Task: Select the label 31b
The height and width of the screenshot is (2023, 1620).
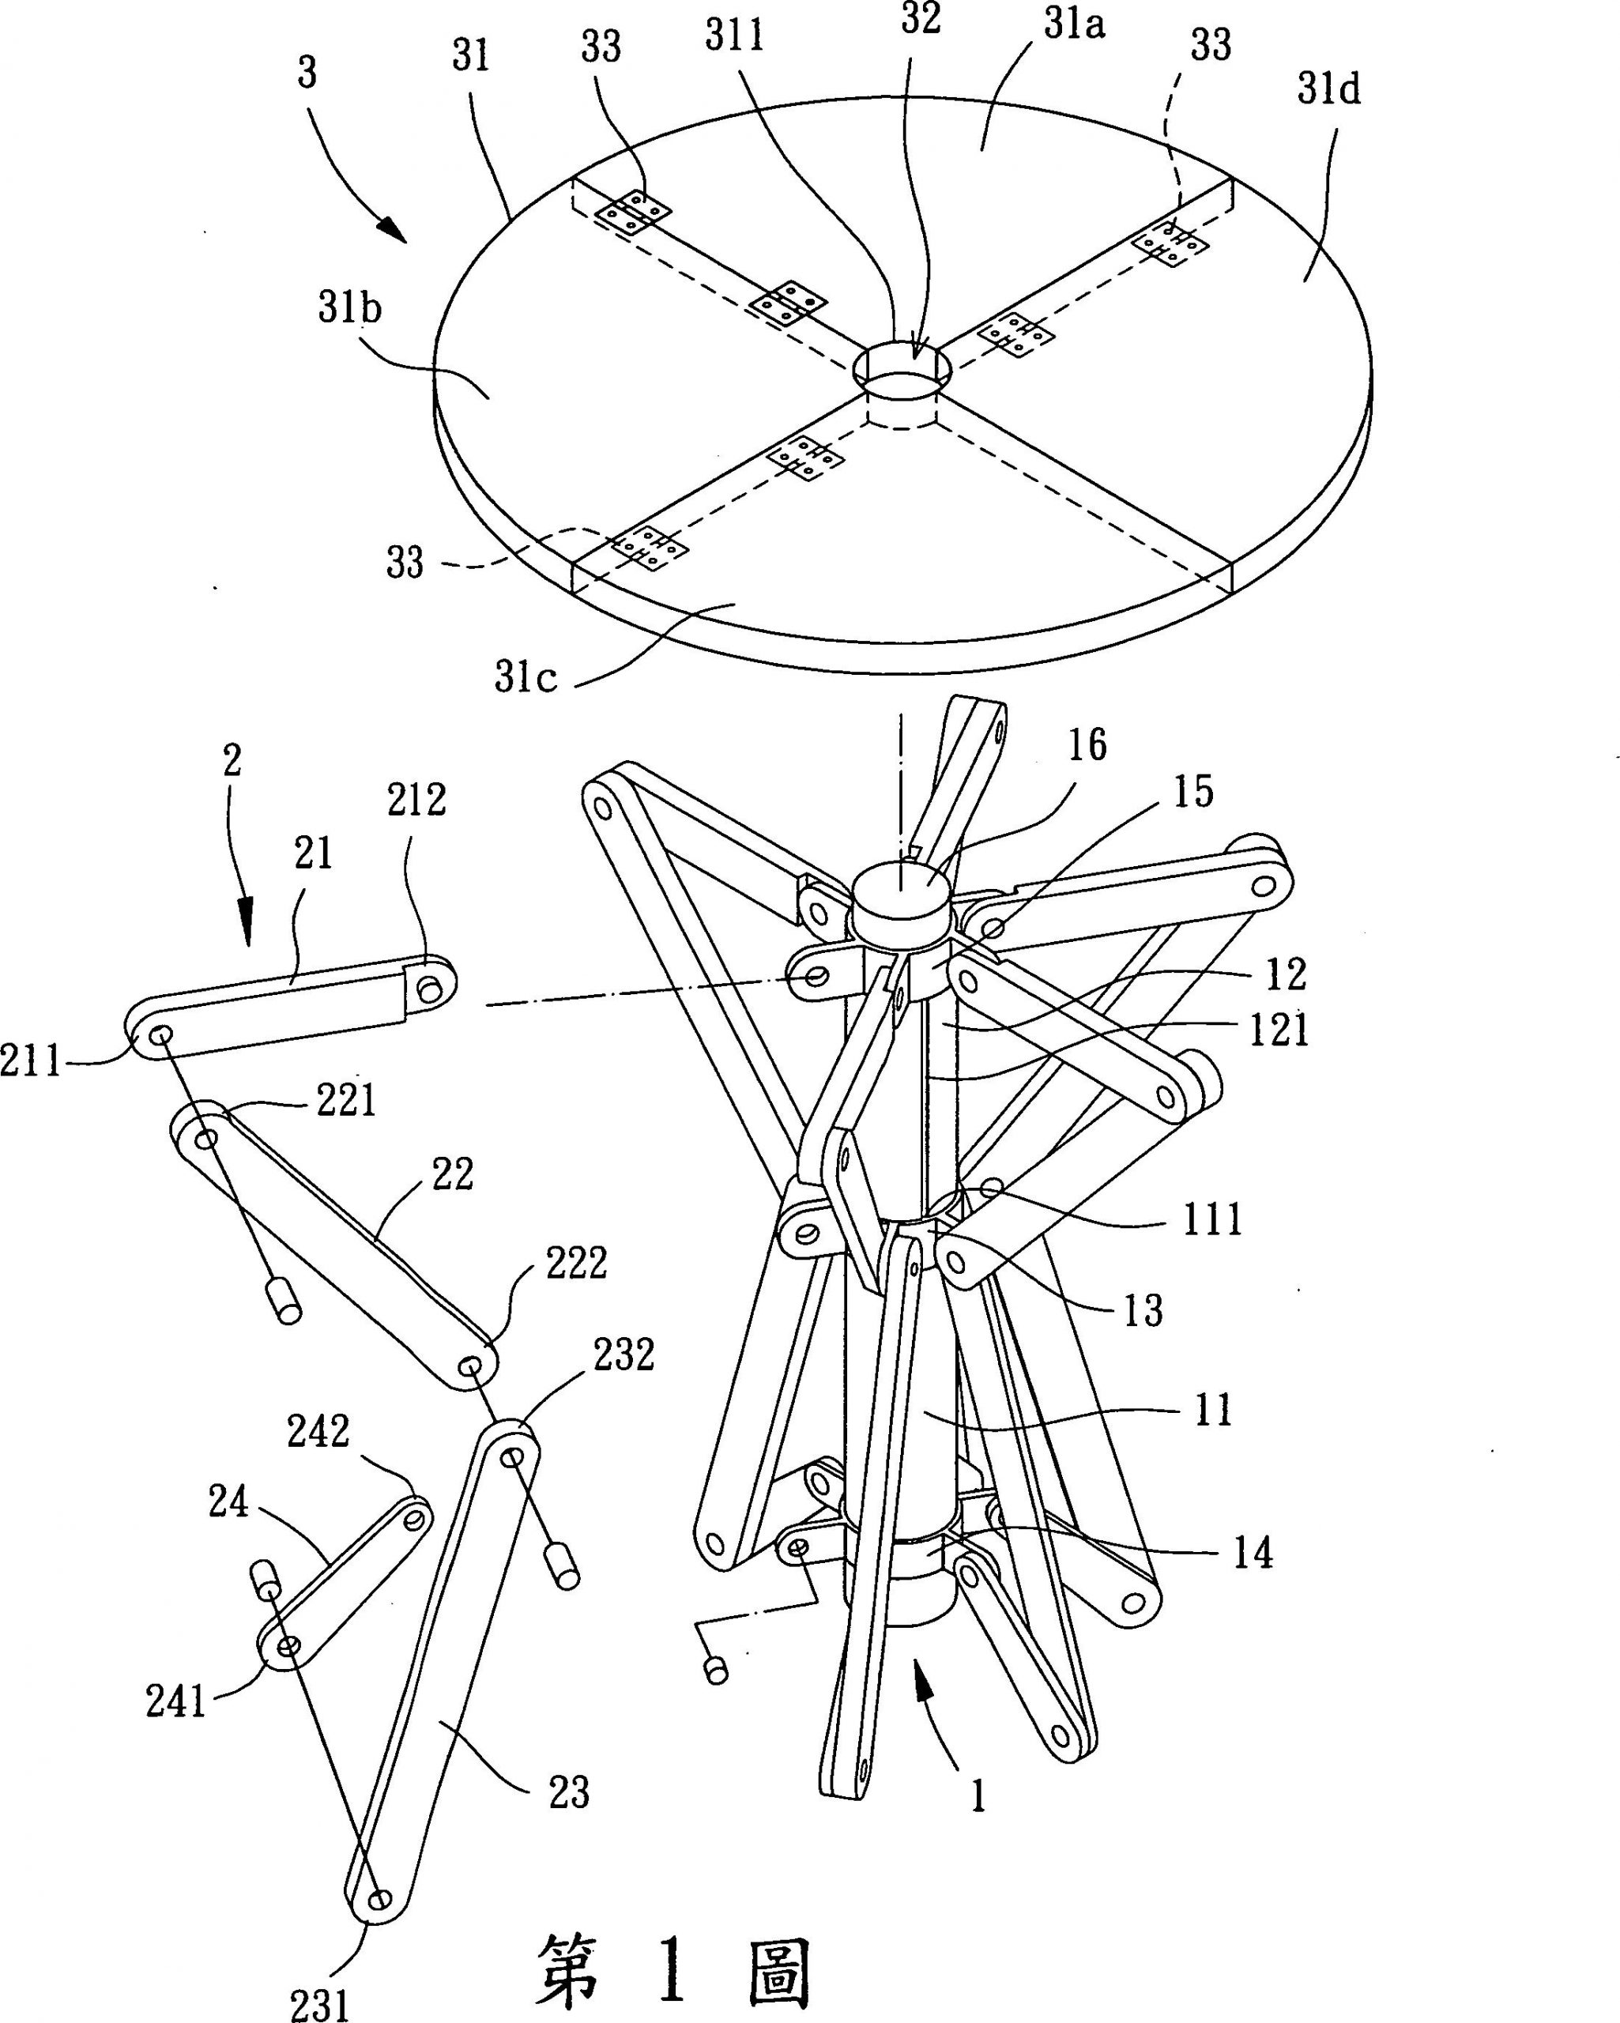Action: pos(349,307)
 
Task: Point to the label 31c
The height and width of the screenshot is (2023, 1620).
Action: pos(526,677)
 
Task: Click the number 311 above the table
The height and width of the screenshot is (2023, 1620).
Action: pos(735,36)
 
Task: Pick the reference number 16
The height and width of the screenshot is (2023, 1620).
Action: pos(1087,745)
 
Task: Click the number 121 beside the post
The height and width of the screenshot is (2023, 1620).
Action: pos(1279,1030)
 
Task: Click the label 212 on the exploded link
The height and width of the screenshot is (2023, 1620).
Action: pos(416,800)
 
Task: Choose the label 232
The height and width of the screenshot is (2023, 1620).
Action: pos(624,1355)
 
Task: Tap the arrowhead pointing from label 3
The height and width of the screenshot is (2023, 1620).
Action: pos(394,231)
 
